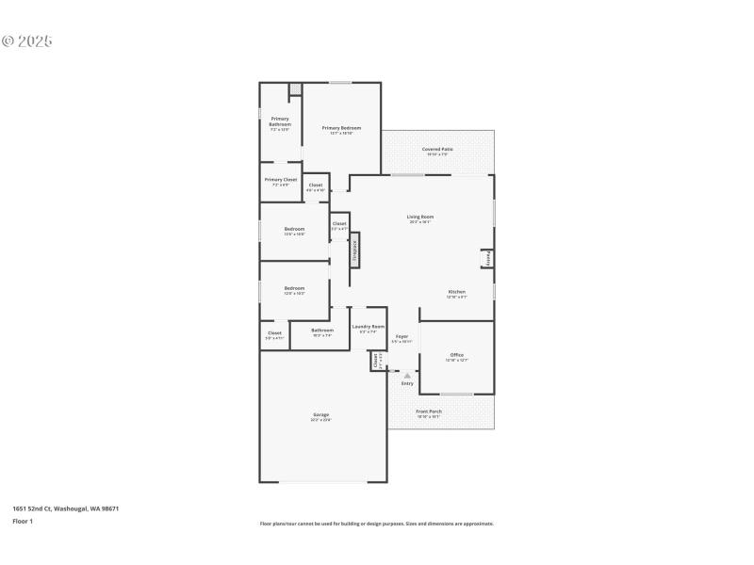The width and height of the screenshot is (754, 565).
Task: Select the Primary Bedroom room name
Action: tap(341, 128)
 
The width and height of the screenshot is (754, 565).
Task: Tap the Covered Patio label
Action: tap(437, 149)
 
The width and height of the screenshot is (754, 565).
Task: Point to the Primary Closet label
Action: tap(281, 179)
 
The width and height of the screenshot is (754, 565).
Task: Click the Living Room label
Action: tap(420, 218)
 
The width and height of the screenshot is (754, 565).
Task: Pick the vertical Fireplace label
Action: tap(355, 251)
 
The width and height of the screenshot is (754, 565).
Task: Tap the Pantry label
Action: tap(487, 257)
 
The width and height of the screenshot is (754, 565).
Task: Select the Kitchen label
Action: tap(456, 292)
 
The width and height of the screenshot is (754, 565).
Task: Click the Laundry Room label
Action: tap(368, 327)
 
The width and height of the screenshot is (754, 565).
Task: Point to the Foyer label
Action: tap(402, 336)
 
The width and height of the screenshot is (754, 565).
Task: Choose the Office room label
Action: tap(456, 355)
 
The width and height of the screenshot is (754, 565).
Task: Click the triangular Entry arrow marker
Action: tap(407, 376)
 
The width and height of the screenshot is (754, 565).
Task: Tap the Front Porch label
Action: tap(429, 412)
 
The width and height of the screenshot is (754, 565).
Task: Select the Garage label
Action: tap(321, 414)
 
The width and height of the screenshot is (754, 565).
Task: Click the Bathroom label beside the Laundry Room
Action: tap(322, 330)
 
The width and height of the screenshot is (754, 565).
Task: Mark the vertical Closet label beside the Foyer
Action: tap(376, 361)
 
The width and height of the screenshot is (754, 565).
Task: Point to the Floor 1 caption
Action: tap(23, 521)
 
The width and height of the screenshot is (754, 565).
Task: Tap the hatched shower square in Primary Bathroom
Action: tap(295, 89)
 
